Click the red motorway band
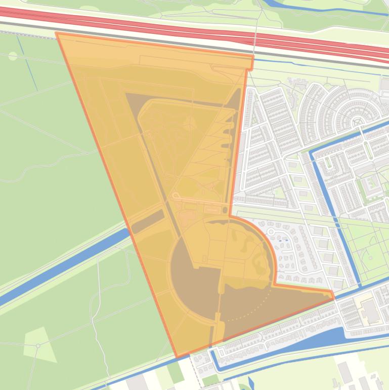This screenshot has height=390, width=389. [152, 25]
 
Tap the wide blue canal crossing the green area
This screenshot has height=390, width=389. [61, 268]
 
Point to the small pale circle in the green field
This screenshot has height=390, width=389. [13, 56]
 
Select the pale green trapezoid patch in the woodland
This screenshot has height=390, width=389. [39, 345]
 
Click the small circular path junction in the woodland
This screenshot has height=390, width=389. [38, 345]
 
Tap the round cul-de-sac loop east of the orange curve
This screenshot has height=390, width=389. [272, 232]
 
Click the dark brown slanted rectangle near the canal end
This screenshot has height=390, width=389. [148, 222]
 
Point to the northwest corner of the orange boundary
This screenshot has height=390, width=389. [56, 33]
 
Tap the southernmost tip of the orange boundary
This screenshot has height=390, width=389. [177, 357]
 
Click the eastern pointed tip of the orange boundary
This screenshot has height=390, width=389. [333, 297]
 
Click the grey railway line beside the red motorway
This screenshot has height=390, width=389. [152, 37]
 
